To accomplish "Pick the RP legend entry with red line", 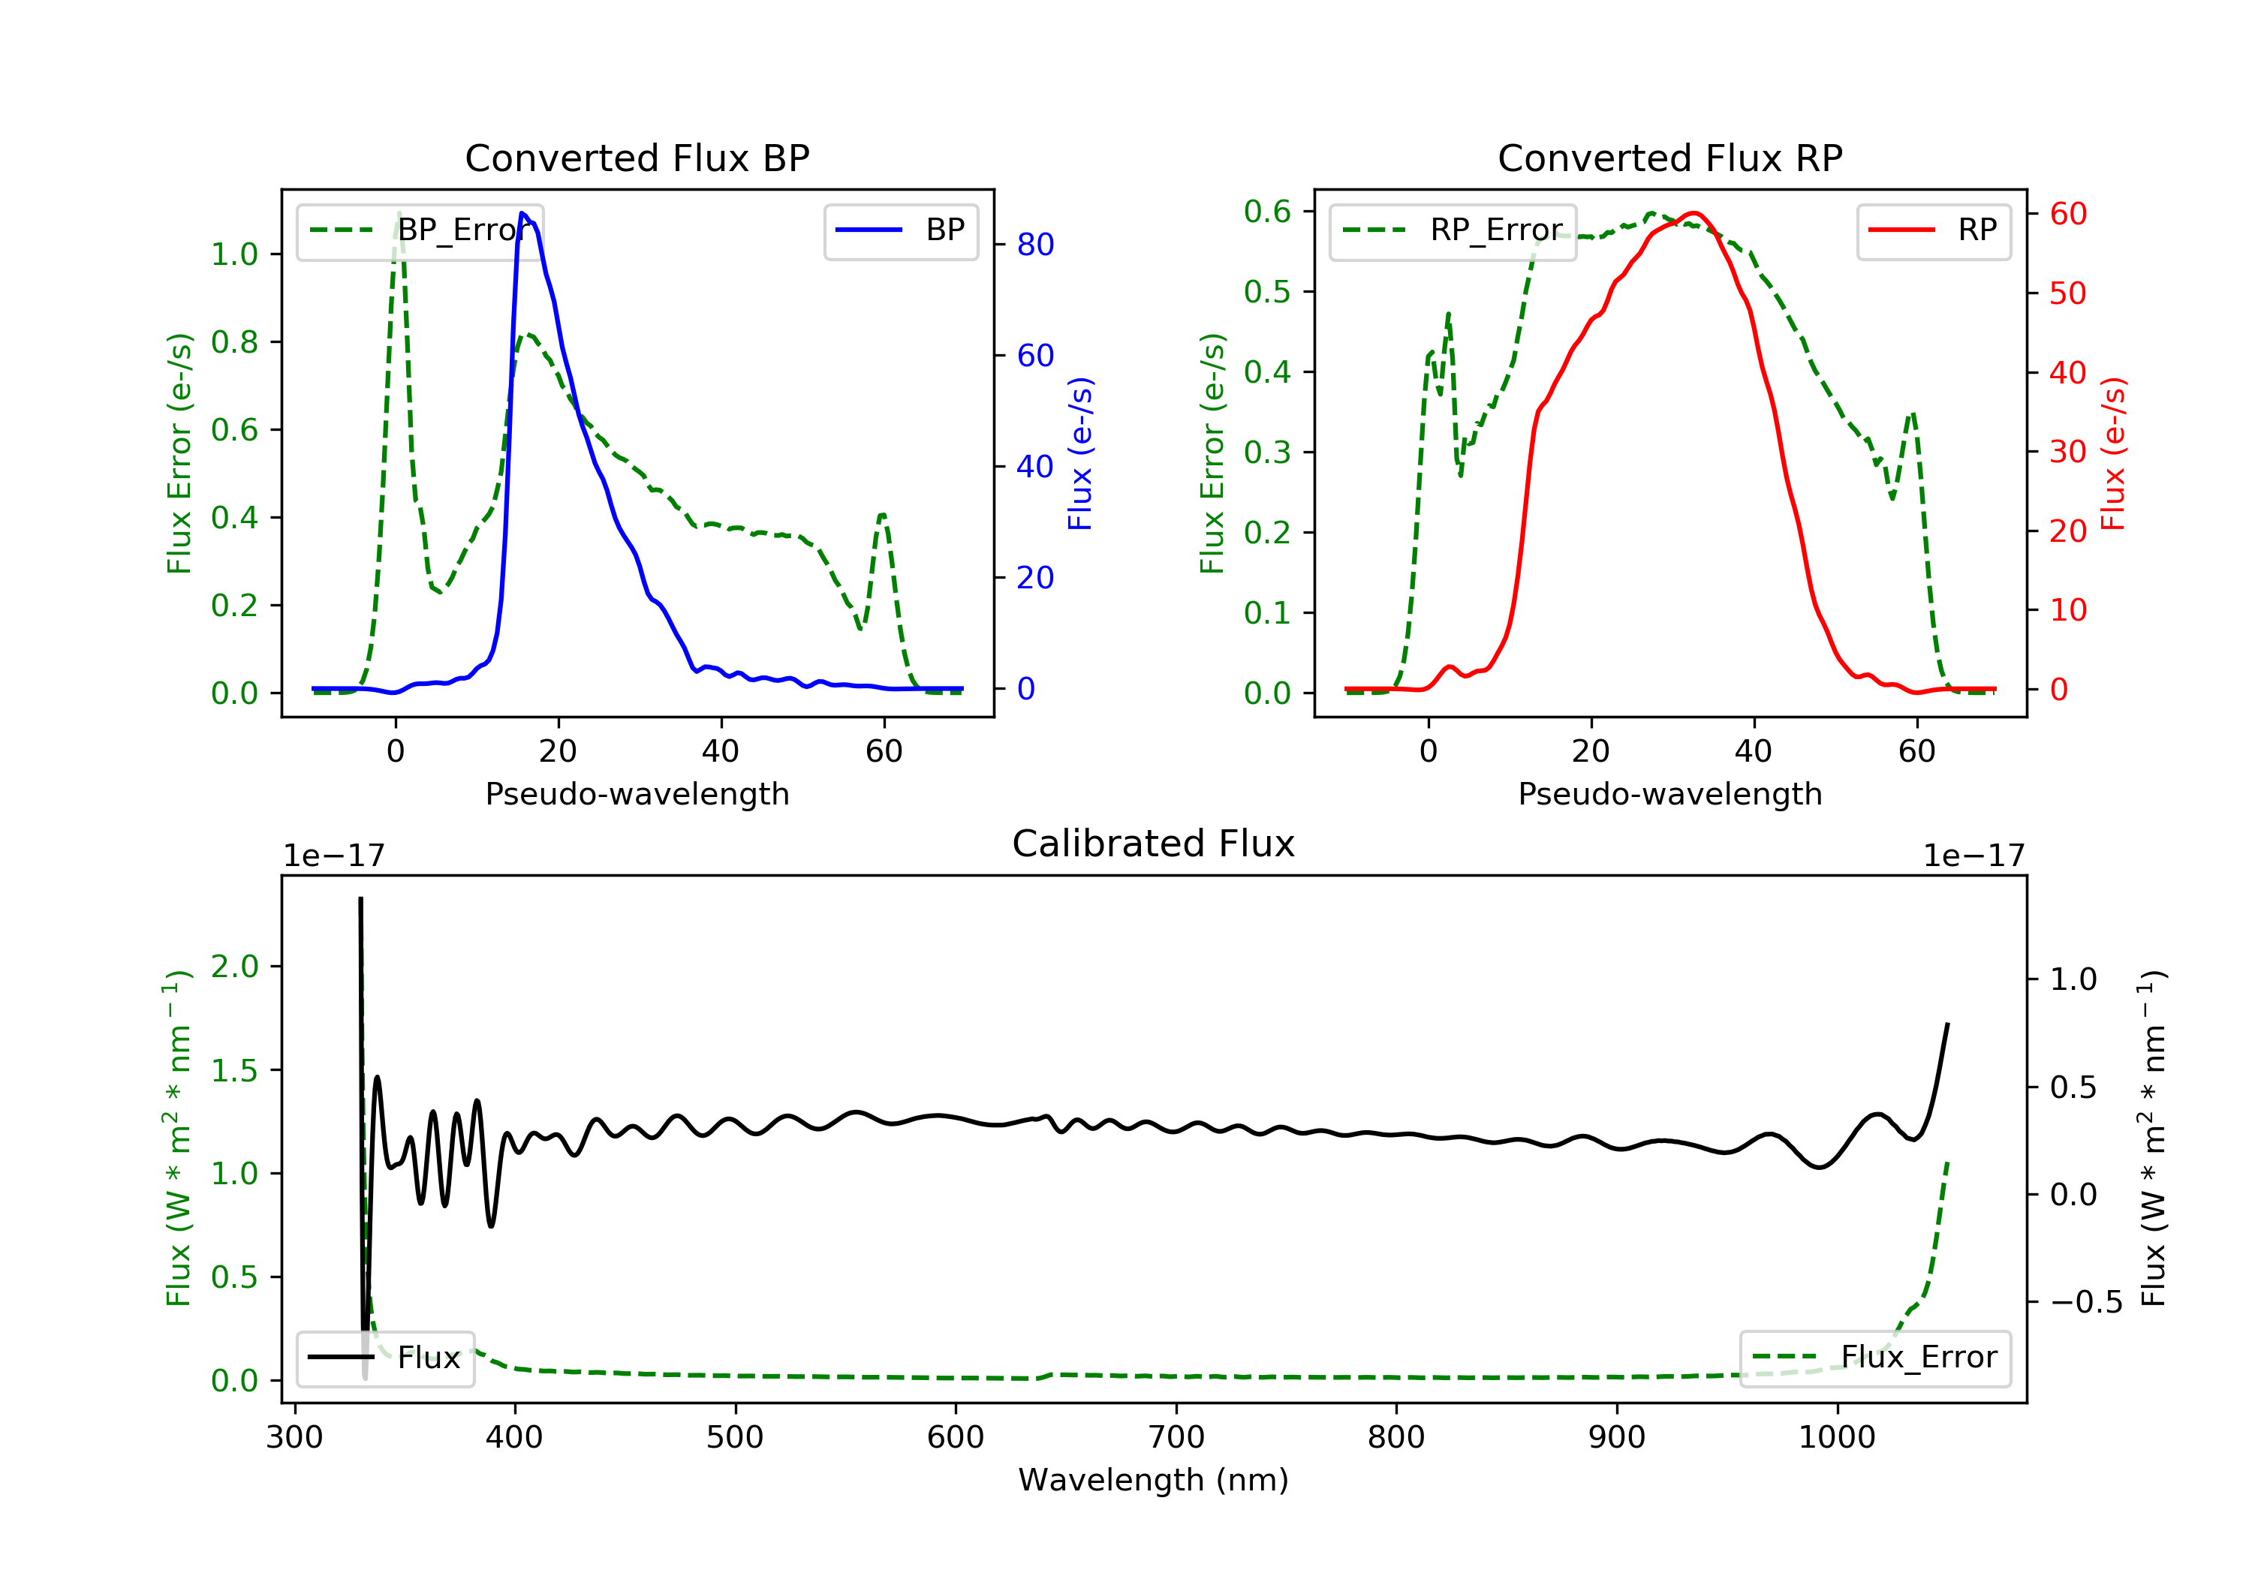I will click(1933, 231).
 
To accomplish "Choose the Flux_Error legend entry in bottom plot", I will click(1874, 1358).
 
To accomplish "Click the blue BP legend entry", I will click(900, 231).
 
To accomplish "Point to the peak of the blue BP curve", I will click(522, 214).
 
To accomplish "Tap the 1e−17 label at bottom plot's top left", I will click(333, 856).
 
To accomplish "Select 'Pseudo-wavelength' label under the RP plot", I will click(1669, 794).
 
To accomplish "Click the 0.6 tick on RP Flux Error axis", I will click(1267, 212).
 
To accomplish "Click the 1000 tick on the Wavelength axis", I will click(1836, 1438).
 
